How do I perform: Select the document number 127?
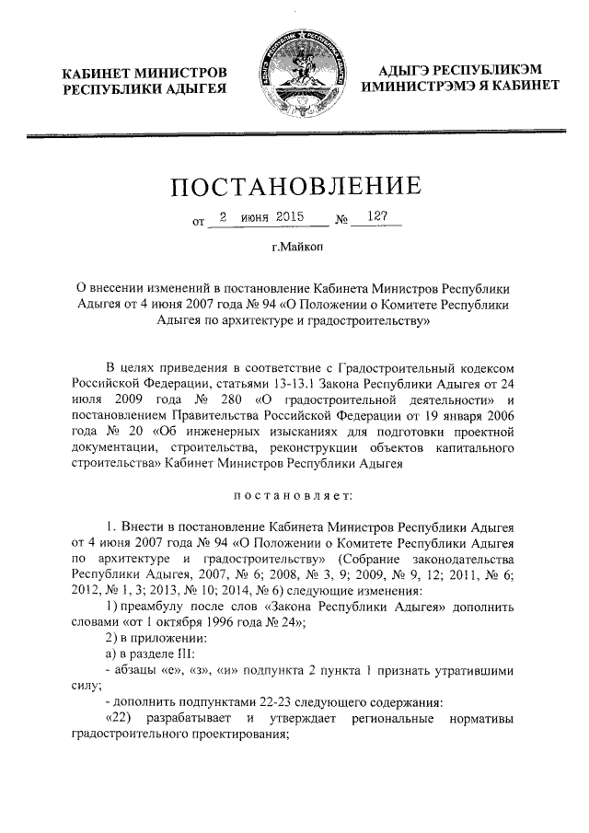(x=377, y=218)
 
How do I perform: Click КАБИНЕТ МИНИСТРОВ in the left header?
(x=144, y=72)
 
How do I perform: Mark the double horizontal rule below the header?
(x=294, y=135)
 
